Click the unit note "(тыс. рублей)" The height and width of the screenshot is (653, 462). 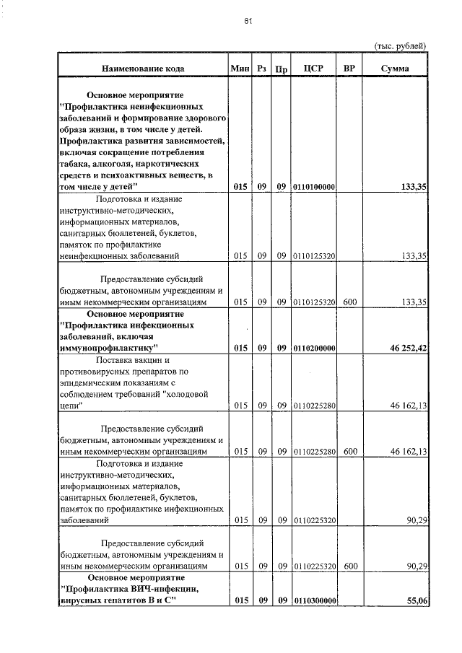coord(400,45)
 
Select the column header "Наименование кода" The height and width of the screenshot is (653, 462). coord(142,69)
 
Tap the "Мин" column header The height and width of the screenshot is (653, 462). coord(240,69)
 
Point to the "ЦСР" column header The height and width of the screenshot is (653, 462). coord(314,69)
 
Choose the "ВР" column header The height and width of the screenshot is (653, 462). coord(349,69)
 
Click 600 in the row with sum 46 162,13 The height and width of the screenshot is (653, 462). coord(350,452)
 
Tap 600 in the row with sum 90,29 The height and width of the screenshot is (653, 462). coord(350,567)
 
